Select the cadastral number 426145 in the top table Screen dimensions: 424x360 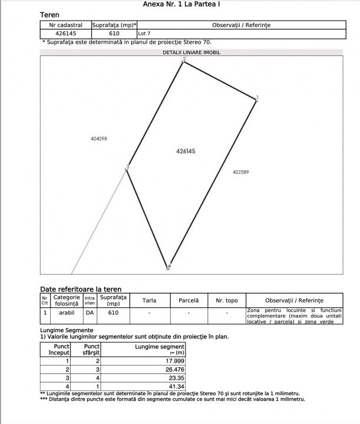pyautogui.click(x=65, y=34)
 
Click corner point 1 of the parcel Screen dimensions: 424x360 pyautogui.click(x=256, y=100)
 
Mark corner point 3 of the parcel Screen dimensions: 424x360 pyautogui.click(x=127, y=170)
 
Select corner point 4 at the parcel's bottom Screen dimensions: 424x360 pyautogui.click(x=168, y=267)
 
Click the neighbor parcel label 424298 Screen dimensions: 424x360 pyautogui.click(x=99, y=139)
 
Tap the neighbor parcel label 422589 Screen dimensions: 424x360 pyautogui.click(x=240, y=172)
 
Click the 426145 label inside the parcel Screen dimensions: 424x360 pyautogui.click(x=186, y=151)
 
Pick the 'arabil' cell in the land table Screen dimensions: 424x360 pyautogui.click(x=67, y=313)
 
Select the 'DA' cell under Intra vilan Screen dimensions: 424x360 pyautogui.click(x=90, y=313)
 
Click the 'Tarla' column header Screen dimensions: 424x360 pyautogui.click(x=150, y=300)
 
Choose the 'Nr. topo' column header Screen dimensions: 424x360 pyautogui.click(x=226, y=300)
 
